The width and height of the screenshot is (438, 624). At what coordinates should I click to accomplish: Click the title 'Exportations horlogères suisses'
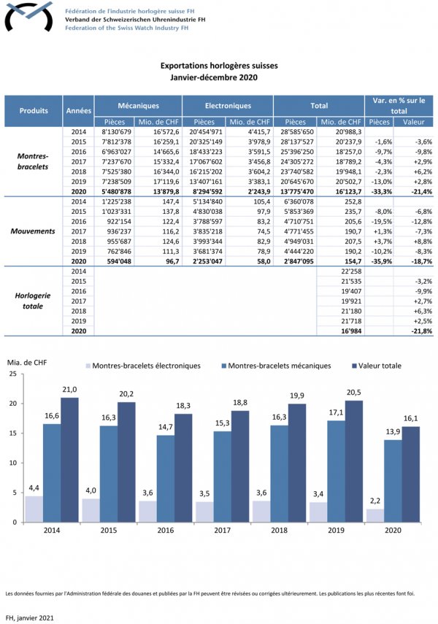tap(218, 66)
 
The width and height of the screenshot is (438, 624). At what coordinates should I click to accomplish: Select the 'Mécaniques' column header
tap(139, 106)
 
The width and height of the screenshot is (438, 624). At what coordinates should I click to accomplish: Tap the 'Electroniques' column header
tap(228, 106)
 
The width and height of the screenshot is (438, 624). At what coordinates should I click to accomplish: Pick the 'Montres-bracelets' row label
tap(34, 161)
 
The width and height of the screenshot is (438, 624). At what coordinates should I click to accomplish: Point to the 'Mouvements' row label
tap(34, 231)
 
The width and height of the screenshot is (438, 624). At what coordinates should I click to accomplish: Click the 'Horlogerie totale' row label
tap(34, 301)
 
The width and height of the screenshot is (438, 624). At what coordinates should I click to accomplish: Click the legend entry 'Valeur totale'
tap(380, 366)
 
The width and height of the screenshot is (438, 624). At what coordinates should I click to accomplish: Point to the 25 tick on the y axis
tap(13, 374)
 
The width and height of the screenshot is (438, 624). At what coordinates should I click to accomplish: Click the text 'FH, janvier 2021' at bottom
tap(29, 617)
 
